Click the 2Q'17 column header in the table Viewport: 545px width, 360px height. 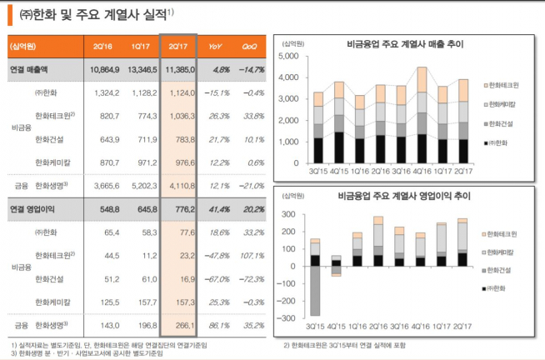point(177,47)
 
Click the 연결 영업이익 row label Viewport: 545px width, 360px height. point(33,206)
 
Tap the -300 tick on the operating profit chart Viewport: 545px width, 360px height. point(287,318)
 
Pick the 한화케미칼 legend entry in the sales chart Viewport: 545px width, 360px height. point(507,104)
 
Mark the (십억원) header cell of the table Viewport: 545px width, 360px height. point(27,47)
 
